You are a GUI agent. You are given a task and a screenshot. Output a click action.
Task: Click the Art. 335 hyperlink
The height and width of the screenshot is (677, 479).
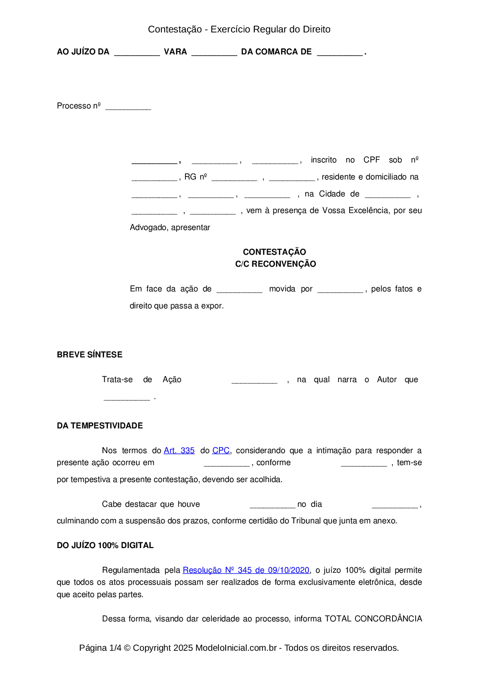179,450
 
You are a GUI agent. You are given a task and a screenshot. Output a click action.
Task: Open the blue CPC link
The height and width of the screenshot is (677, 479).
221,450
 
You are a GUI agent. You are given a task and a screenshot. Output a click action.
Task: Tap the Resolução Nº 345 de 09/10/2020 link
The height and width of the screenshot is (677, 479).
246,570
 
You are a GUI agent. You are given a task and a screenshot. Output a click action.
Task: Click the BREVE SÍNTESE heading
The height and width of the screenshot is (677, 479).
90,355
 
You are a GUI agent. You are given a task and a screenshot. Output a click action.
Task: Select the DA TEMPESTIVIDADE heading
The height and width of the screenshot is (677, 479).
100,426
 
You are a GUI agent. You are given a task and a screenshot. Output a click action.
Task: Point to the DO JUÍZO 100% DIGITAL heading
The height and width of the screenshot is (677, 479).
105,545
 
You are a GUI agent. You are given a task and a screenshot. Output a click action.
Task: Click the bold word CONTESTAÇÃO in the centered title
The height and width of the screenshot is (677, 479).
274,252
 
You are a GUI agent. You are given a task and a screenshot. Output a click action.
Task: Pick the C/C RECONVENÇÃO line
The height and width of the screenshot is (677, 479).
275,264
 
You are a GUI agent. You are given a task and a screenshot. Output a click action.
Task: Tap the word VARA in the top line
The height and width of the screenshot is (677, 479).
175,52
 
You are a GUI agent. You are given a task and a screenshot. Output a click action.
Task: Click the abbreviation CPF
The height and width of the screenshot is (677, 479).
372,160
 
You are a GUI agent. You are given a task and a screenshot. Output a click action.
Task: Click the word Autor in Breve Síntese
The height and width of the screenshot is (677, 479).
387,379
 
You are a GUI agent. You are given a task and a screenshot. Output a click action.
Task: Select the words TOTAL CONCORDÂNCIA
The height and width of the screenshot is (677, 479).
373,619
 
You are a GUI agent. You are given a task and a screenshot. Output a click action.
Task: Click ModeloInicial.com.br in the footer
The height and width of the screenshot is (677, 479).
236,648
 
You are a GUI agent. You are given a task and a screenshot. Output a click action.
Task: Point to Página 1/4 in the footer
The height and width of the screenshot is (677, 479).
100,648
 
